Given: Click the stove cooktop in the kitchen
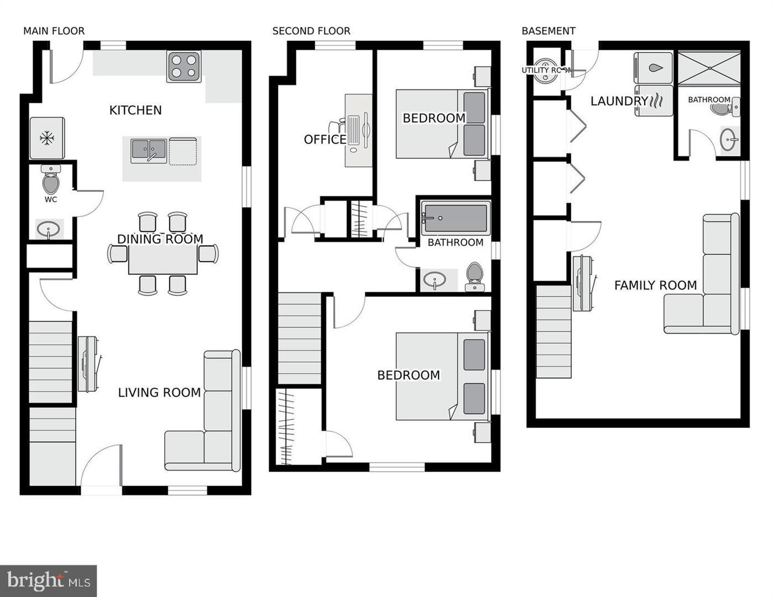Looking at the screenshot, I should pos(184,66).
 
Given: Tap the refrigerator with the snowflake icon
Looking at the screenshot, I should pos(47,138).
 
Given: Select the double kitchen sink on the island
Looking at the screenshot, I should pos(148,151).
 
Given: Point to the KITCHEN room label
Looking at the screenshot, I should pos(135,110).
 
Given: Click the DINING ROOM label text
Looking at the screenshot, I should pos(160,239).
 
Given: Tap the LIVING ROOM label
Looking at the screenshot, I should pos(159,392).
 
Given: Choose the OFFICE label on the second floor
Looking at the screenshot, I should pos(325,139).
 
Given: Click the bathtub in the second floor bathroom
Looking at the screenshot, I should pos(456,218).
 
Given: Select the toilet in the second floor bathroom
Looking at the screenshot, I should pos(474,276).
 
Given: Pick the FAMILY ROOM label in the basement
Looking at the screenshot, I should pos(655,285).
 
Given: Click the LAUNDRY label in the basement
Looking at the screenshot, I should pos(619,101).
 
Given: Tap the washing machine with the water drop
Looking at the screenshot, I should pos(654,68).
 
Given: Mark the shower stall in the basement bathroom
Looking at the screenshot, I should pos(709,69).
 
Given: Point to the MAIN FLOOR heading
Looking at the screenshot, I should pos(54,31).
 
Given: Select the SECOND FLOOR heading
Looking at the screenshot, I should pos(311,31).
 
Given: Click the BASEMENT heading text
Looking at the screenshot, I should pos(549,31).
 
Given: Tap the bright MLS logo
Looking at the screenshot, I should pos(49,581).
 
